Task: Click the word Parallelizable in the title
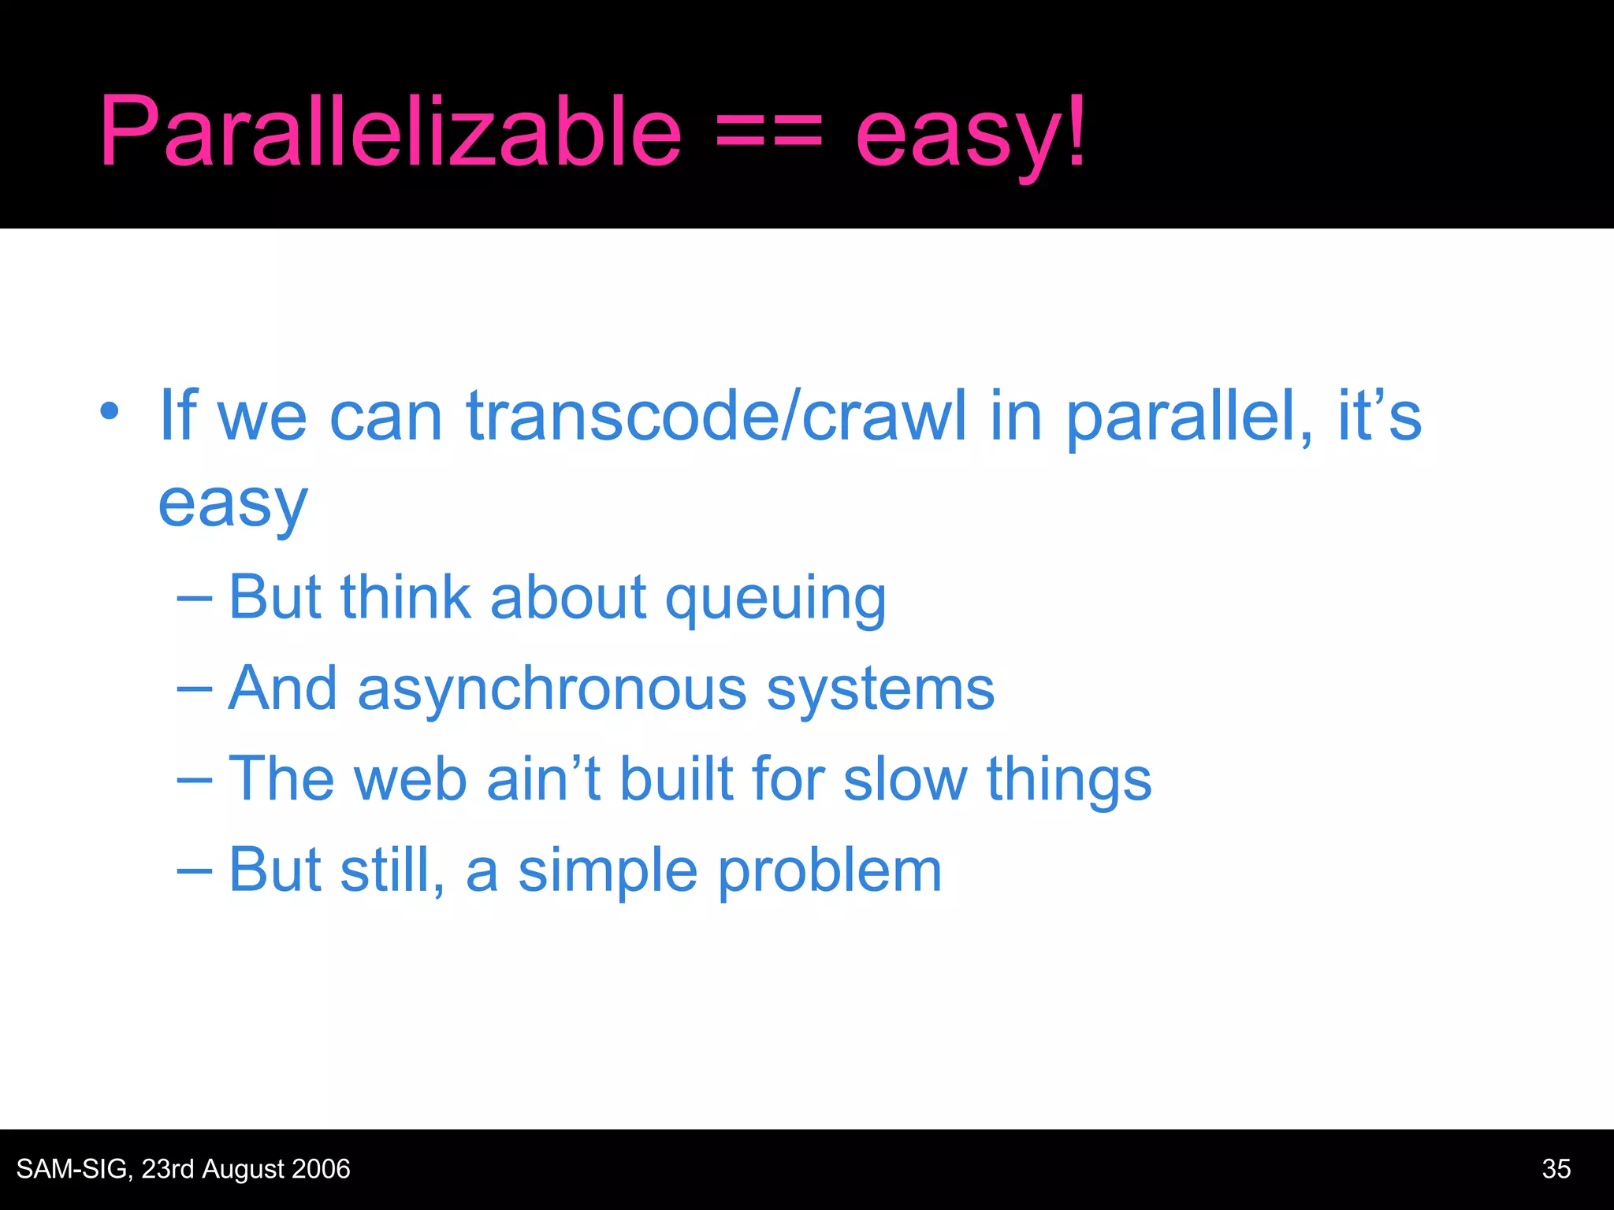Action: tap(390, 132)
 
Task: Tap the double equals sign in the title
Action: tap(768, 132)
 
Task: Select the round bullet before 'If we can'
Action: tap(110, 411)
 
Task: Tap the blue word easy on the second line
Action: tap(232, 506)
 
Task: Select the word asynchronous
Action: tap(552, 690)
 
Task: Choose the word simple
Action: tap(608, 871)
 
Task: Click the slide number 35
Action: tap(1556, 1169)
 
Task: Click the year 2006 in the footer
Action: tap(321, 1169)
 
